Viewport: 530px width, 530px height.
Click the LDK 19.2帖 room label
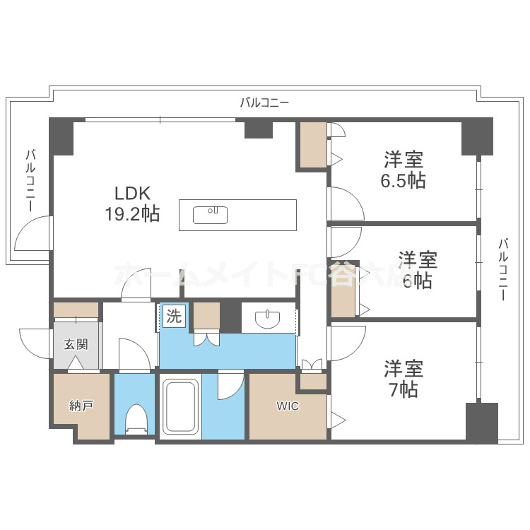(134, 204)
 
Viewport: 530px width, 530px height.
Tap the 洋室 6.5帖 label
(404, 170)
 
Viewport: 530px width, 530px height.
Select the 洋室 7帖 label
(404, 379)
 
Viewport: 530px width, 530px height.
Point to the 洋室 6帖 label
(417, 270)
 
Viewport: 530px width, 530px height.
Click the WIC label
(288, 406)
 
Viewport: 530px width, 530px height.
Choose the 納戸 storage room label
(80, 406)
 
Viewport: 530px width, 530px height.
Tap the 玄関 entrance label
(76, 345)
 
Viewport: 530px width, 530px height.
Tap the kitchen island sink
(210, 214)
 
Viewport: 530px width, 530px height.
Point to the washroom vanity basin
(268, 319)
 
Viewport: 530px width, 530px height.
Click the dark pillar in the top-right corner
(477, 136)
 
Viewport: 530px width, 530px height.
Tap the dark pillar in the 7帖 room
(481, 422)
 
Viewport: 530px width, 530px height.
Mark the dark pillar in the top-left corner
(61, 136)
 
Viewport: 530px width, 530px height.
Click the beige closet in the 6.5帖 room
(312, 145)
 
